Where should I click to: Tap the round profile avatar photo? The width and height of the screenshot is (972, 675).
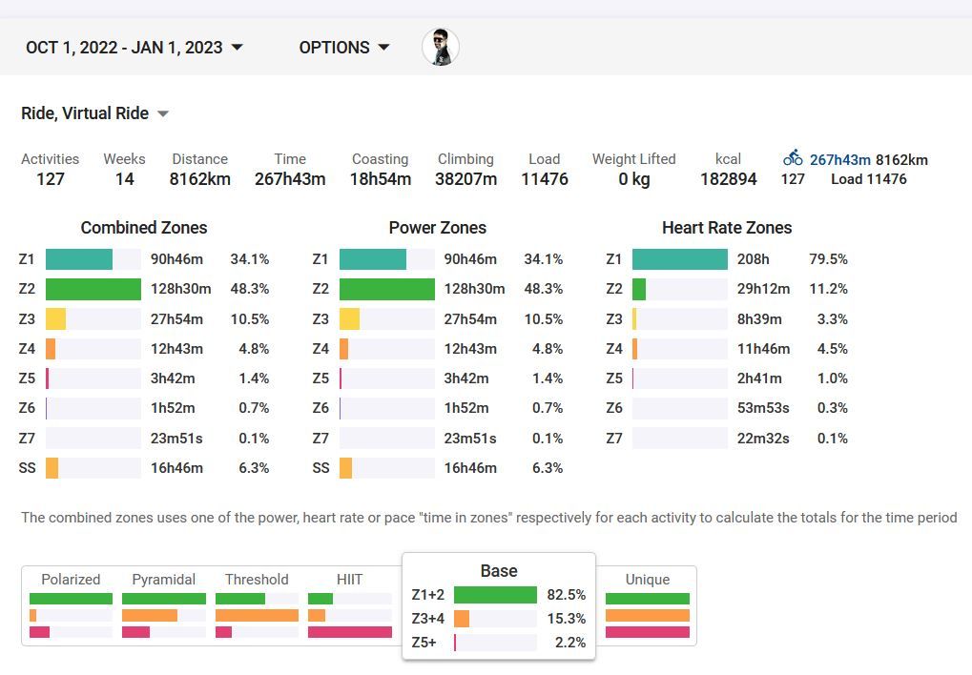click(x=441, y=47)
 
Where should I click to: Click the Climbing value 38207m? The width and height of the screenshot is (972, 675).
click(x=465, y=178)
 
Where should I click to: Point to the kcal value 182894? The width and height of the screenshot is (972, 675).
click(x=728, y=178)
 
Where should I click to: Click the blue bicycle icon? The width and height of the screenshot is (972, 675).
click(x=793, y=159)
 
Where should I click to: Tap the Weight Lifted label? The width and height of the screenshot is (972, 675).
click(x=633, y=159)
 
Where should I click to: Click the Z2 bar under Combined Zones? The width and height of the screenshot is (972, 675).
click(x=93, y=289)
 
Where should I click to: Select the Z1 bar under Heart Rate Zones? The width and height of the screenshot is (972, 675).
click(x=679, y=259)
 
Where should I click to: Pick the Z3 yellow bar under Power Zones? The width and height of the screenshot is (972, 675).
click(x=349, y=319)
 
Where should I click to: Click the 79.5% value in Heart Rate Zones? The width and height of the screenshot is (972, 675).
click(x=828, y=259)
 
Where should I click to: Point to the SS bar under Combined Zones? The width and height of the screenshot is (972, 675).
click(x=52, y=468)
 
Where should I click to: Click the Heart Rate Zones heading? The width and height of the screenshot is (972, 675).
click(x=727, y=228)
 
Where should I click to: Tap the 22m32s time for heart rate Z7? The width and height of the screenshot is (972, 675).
click(x=764, y=439)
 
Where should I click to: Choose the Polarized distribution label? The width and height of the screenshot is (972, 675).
click(x=71, y=580)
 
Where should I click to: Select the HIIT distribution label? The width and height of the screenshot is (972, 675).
click(x=349, y=580)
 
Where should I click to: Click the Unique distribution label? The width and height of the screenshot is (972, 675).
click(x=647, y=580)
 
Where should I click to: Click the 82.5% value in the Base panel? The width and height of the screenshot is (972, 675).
click(x=566, y=595)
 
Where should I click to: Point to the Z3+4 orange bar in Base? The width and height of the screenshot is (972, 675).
click(x=462, y=619)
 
